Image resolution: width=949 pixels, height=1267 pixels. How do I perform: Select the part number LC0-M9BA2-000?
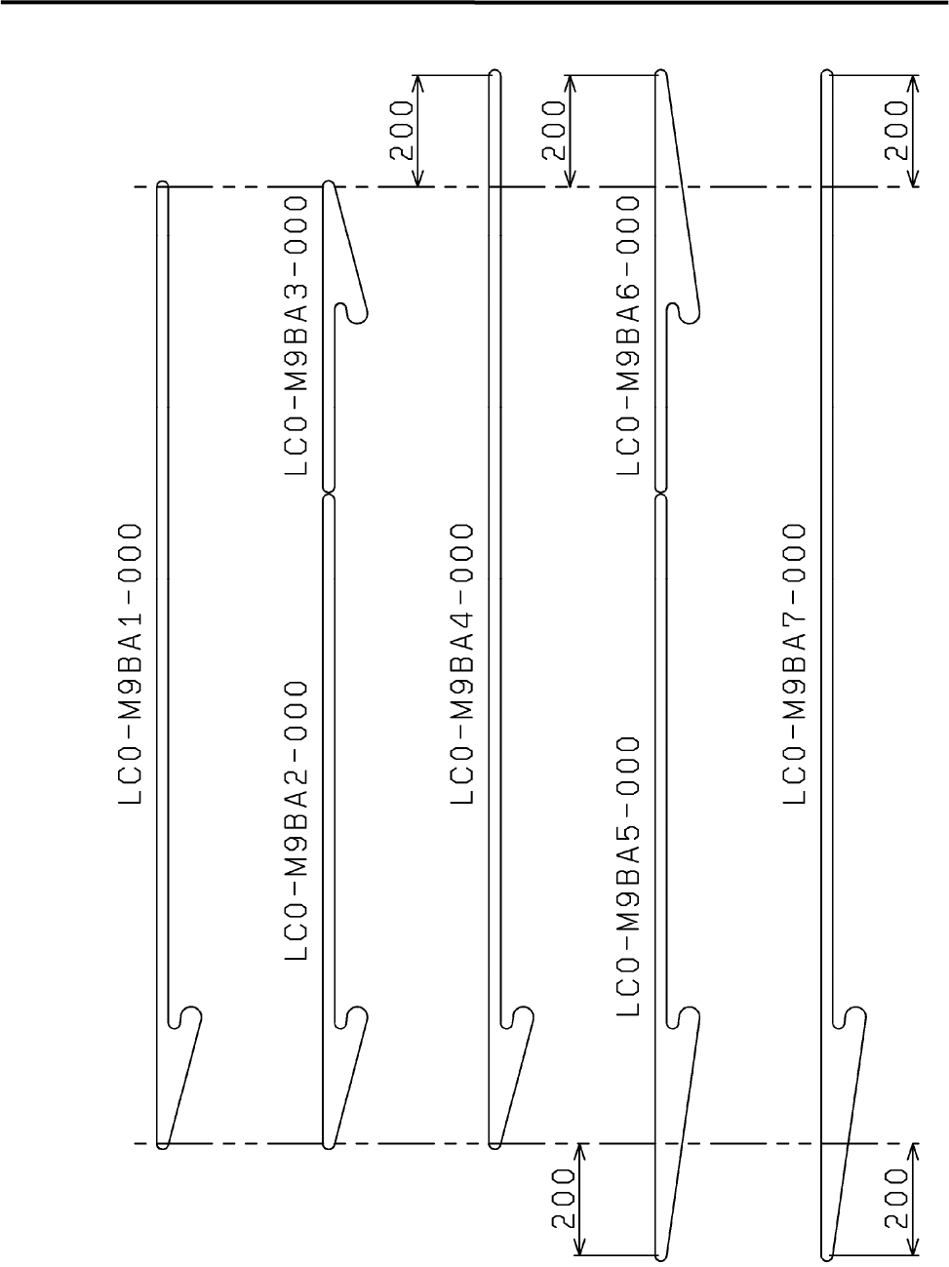pos(297,820)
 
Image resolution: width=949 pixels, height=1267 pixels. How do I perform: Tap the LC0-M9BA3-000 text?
pos(297,336)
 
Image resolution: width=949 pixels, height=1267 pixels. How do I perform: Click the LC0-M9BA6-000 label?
pos(629,336)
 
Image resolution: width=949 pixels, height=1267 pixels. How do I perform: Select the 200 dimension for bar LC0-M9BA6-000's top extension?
pos(553,131)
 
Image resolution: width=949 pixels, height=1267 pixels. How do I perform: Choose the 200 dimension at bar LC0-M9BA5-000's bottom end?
pos(566,1199)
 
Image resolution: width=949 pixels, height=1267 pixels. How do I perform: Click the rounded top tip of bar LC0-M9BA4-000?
pos(494,75)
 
